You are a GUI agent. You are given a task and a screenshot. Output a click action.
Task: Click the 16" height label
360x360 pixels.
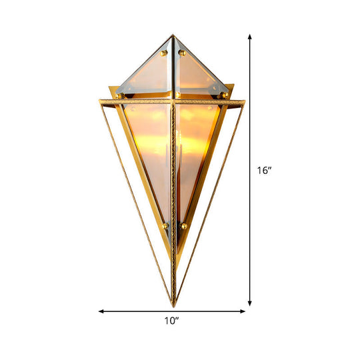(264, 171)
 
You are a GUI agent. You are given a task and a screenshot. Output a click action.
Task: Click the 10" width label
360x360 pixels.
(172, 321)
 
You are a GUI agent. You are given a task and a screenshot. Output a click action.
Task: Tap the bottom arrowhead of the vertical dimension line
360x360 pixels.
(250, 303)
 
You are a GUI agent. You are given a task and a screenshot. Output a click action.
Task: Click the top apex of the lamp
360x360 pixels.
(175, 37)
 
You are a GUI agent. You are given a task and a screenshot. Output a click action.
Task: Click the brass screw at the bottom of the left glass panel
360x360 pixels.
(165, 226)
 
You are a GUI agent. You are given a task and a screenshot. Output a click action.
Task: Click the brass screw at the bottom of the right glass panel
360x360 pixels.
(184, 226)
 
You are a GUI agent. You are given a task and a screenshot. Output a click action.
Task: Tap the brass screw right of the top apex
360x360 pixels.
(182, 52)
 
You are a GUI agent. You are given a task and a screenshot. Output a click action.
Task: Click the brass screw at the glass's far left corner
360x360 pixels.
(120, 95)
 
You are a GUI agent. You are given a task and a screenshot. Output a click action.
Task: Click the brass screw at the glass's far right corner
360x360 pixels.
(225, 95)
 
